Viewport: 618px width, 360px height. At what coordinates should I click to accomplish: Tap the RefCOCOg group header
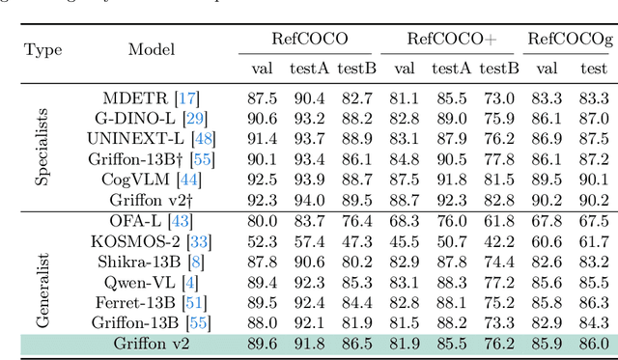(570, 40)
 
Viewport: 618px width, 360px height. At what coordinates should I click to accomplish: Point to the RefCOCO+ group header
(451, 40)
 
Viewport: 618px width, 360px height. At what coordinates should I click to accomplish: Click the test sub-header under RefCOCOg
(593, 68)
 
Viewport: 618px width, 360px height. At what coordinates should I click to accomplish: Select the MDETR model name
(133, 97)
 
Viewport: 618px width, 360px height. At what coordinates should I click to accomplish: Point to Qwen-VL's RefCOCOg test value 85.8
(593, 281)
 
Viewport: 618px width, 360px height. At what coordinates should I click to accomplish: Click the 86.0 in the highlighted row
(593, 342)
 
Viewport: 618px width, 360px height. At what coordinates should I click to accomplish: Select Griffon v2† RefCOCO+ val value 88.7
(404, 200)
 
